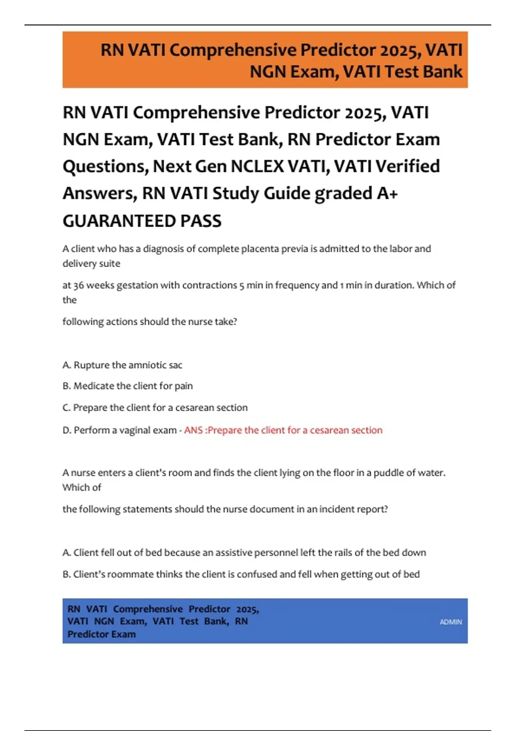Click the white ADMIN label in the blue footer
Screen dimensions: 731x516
pos(451,622)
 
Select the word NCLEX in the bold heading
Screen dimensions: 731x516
pos(257,166)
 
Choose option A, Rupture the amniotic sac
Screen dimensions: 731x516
pos(123,365)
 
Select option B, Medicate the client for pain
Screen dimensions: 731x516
pos(128,386)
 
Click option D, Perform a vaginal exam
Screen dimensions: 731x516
pos(120,430)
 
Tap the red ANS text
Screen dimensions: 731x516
pos(193,430)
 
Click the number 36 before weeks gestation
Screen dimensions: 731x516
pos(79,285)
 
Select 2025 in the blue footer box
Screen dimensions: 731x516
pos(247,609)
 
